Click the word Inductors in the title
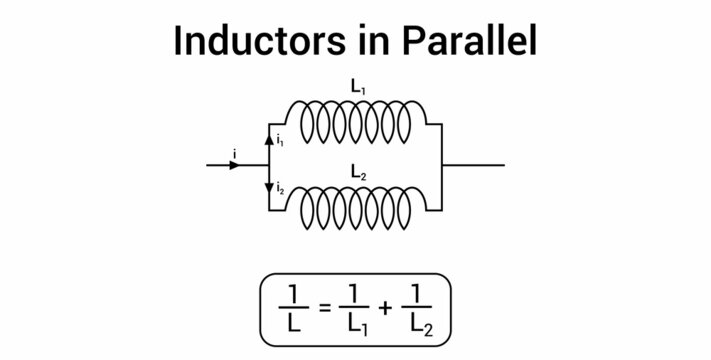tap(251, 41)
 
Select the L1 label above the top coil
tap(356, 89)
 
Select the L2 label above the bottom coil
tap(356, 173)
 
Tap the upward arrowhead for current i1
tap(268, 141)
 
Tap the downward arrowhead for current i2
tap(268, 188)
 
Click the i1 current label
tap(280, 142)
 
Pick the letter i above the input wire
tap(233, 152)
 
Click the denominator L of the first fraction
tap(289, 326)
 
